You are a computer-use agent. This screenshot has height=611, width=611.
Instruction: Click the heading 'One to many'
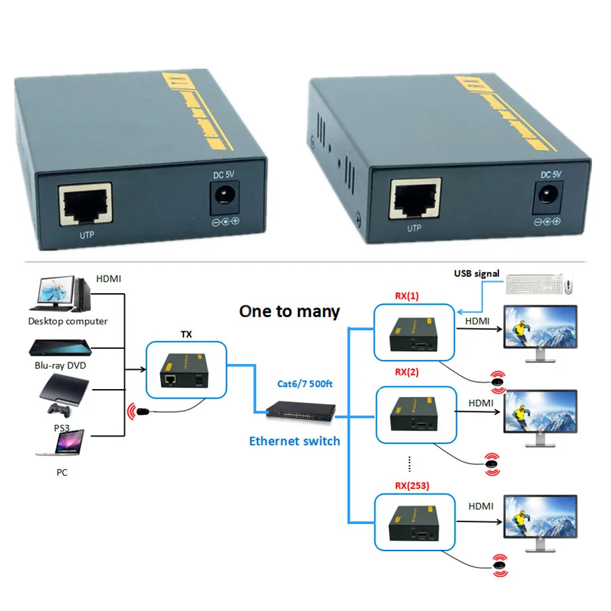click(x=289, y=312)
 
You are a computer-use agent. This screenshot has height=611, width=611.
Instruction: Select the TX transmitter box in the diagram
click(x=187, y=370)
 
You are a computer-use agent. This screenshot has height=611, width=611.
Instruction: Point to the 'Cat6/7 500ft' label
click(x=305, y=385)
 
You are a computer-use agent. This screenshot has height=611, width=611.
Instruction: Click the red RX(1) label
click(x=407, y=296)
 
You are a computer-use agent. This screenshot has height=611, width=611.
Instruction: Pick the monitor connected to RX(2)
click(x=540, y=418)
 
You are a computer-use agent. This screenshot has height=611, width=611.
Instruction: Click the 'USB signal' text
click(x=477, y=274)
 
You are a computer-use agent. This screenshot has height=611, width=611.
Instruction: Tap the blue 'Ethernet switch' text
click(x=294, y=441)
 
